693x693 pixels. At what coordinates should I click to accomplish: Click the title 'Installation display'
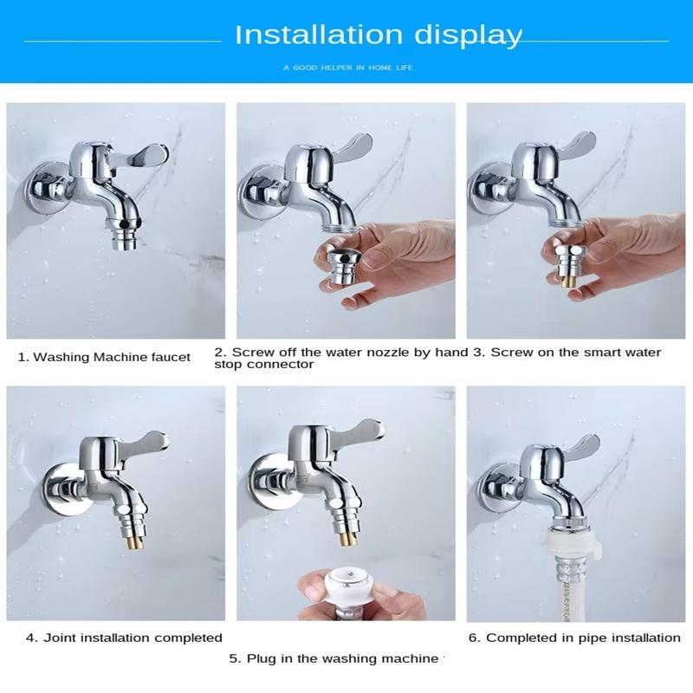(379, 36)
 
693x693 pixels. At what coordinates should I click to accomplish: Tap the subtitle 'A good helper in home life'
(346, 67)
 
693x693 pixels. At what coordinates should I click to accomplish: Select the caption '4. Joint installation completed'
(124, 638)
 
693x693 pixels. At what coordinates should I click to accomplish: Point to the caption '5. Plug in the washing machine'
(334, 658)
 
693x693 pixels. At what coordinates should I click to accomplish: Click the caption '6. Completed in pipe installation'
(574, 638)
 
